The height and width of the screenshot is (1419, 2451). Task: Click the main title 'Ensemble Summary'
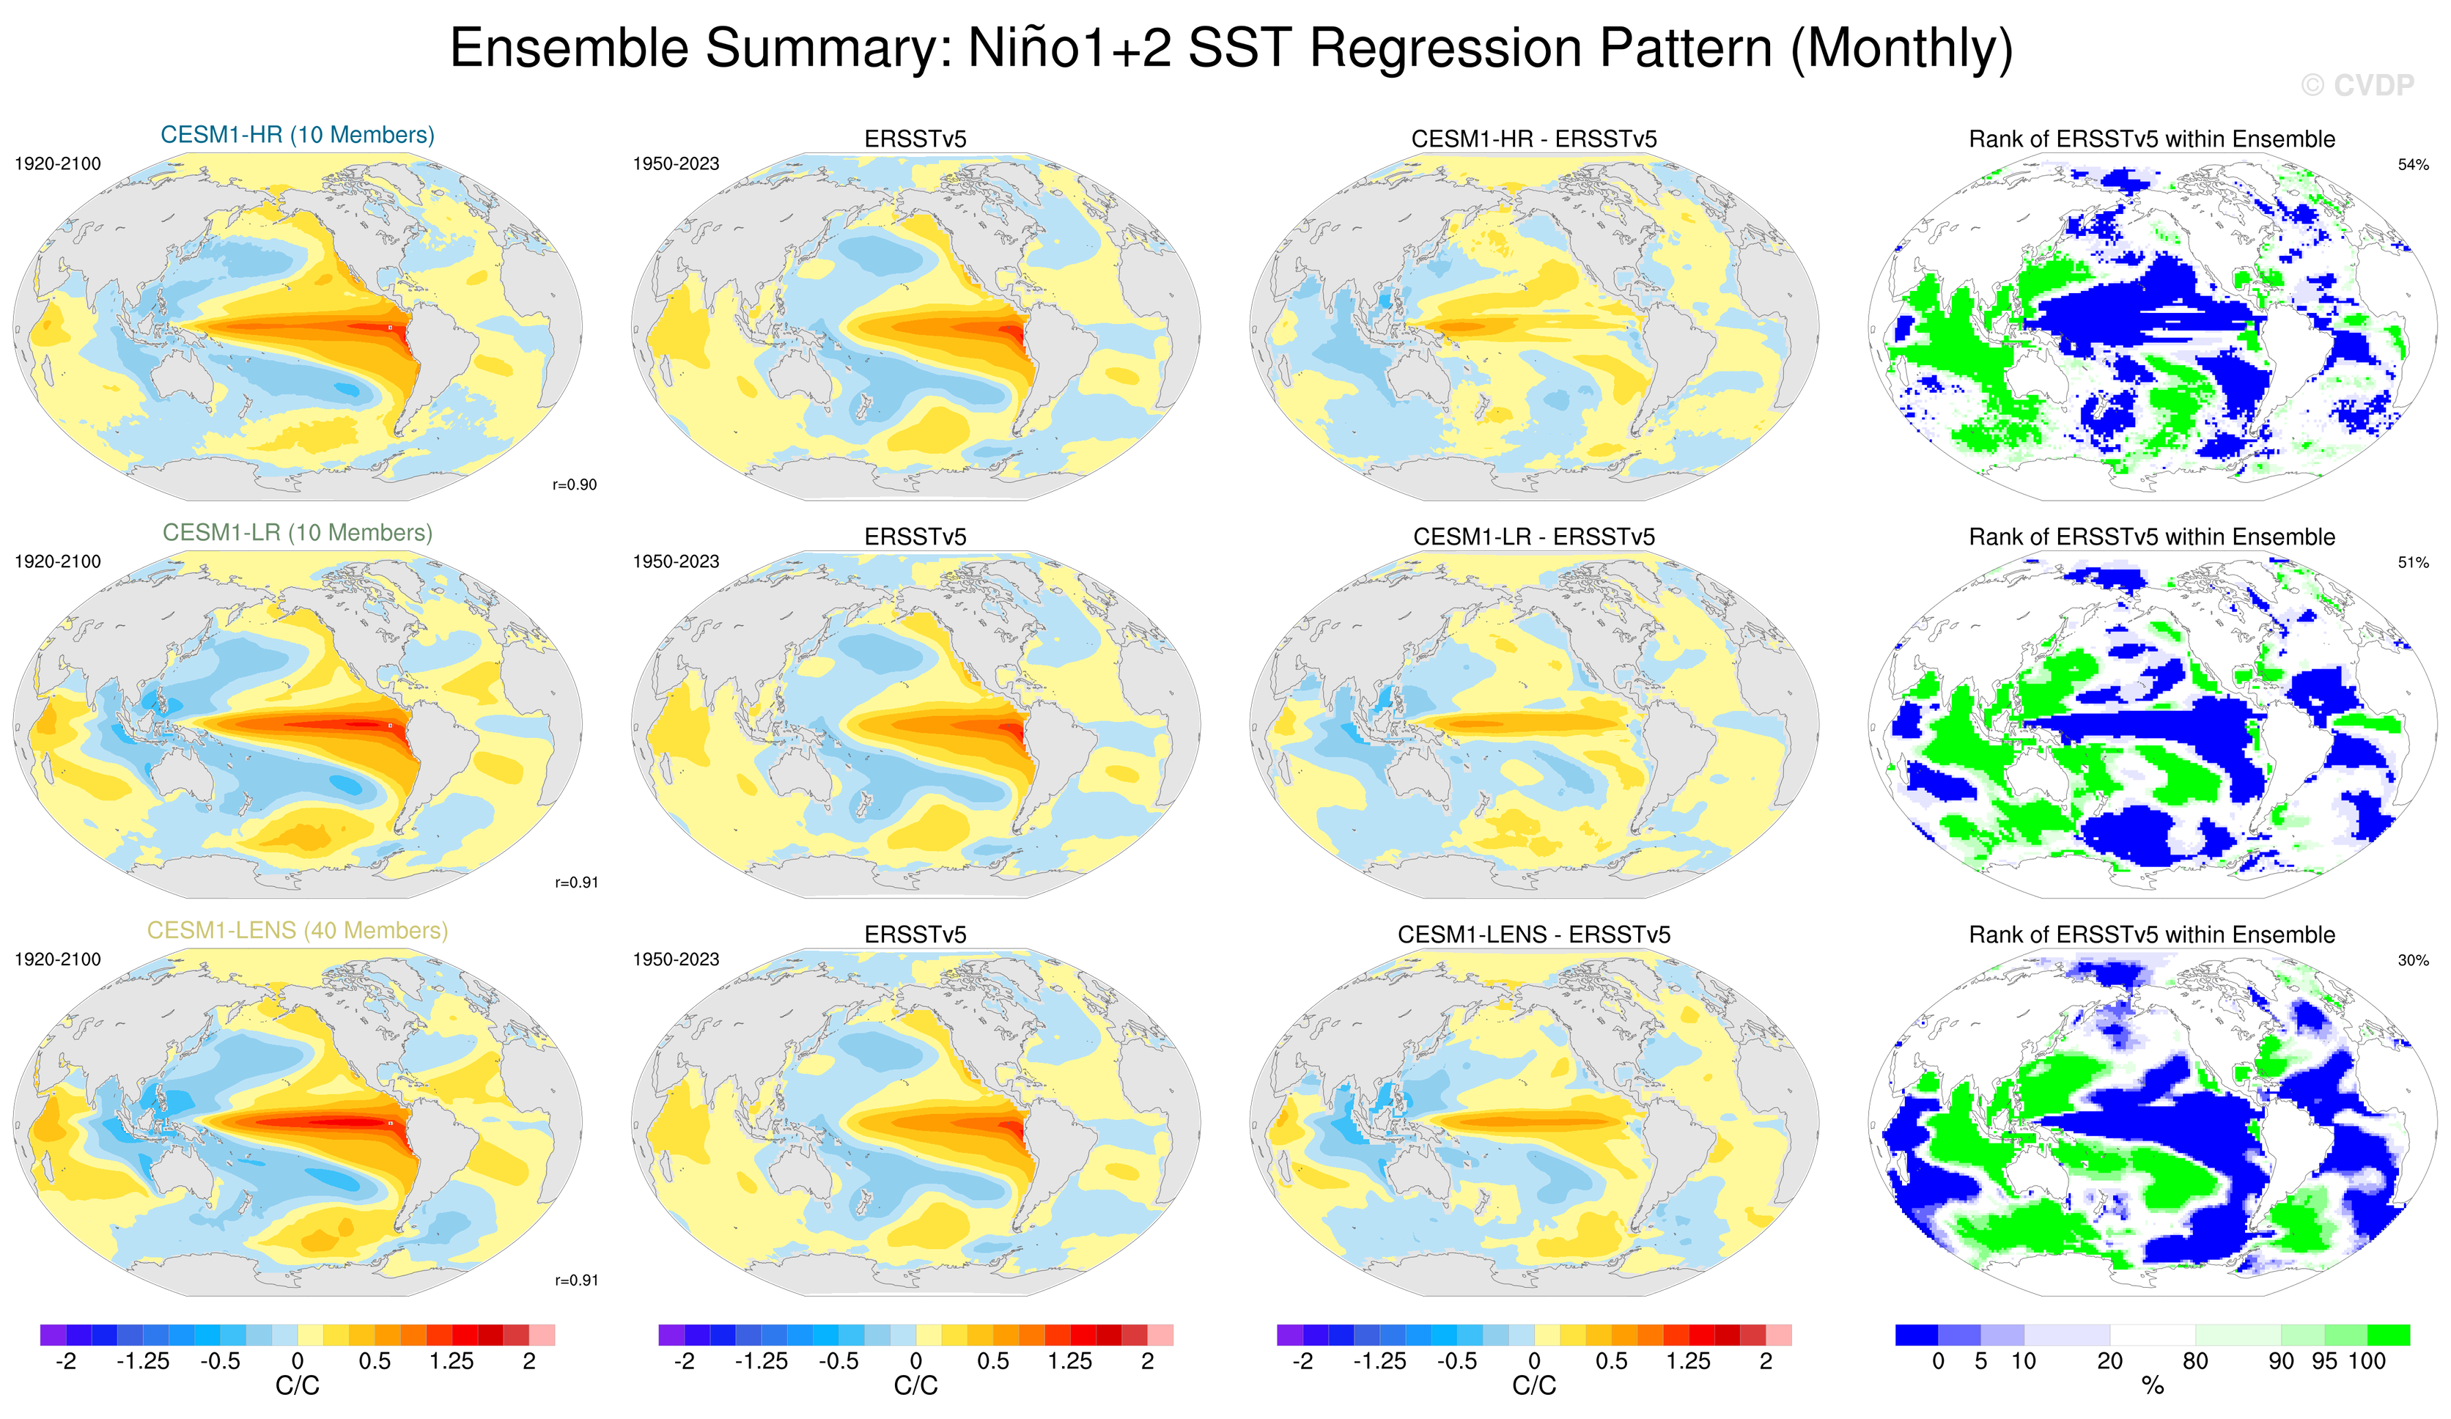tap(1231, 48)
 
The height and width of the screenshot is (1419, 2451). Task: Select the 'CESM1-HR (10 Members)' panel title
tap(298, 135)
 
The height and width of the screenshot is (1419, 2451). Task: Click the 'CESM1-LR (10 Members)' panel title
tap(298, 533)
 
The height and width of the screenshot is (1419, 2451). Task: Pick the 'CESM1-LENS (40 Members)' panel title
tap(298, 931)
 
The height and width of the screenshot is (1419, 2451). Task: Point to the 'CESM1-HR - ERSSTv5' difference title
tap(1534, 139)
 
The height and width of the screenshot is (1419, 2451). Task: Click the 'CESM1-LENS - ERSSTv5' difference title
tap(1534, 935)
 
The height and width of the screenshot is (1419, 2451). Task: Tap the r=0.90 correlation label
tap(575, 484)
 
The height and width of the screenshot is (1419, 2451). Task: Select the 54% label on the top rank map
tap(2413, 164)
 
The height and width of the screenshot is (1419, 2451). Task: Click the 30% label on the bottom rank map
tap(2413, 960)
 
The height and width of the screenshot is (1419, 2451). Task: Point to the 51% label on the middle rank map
tap(2413, 562)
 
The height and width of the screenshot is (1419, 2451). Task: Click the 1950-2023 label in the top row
tap(676, 164)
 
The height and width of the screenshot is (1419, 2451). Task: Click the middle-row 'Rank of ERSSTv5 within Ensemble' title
tap(2151, 537)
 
